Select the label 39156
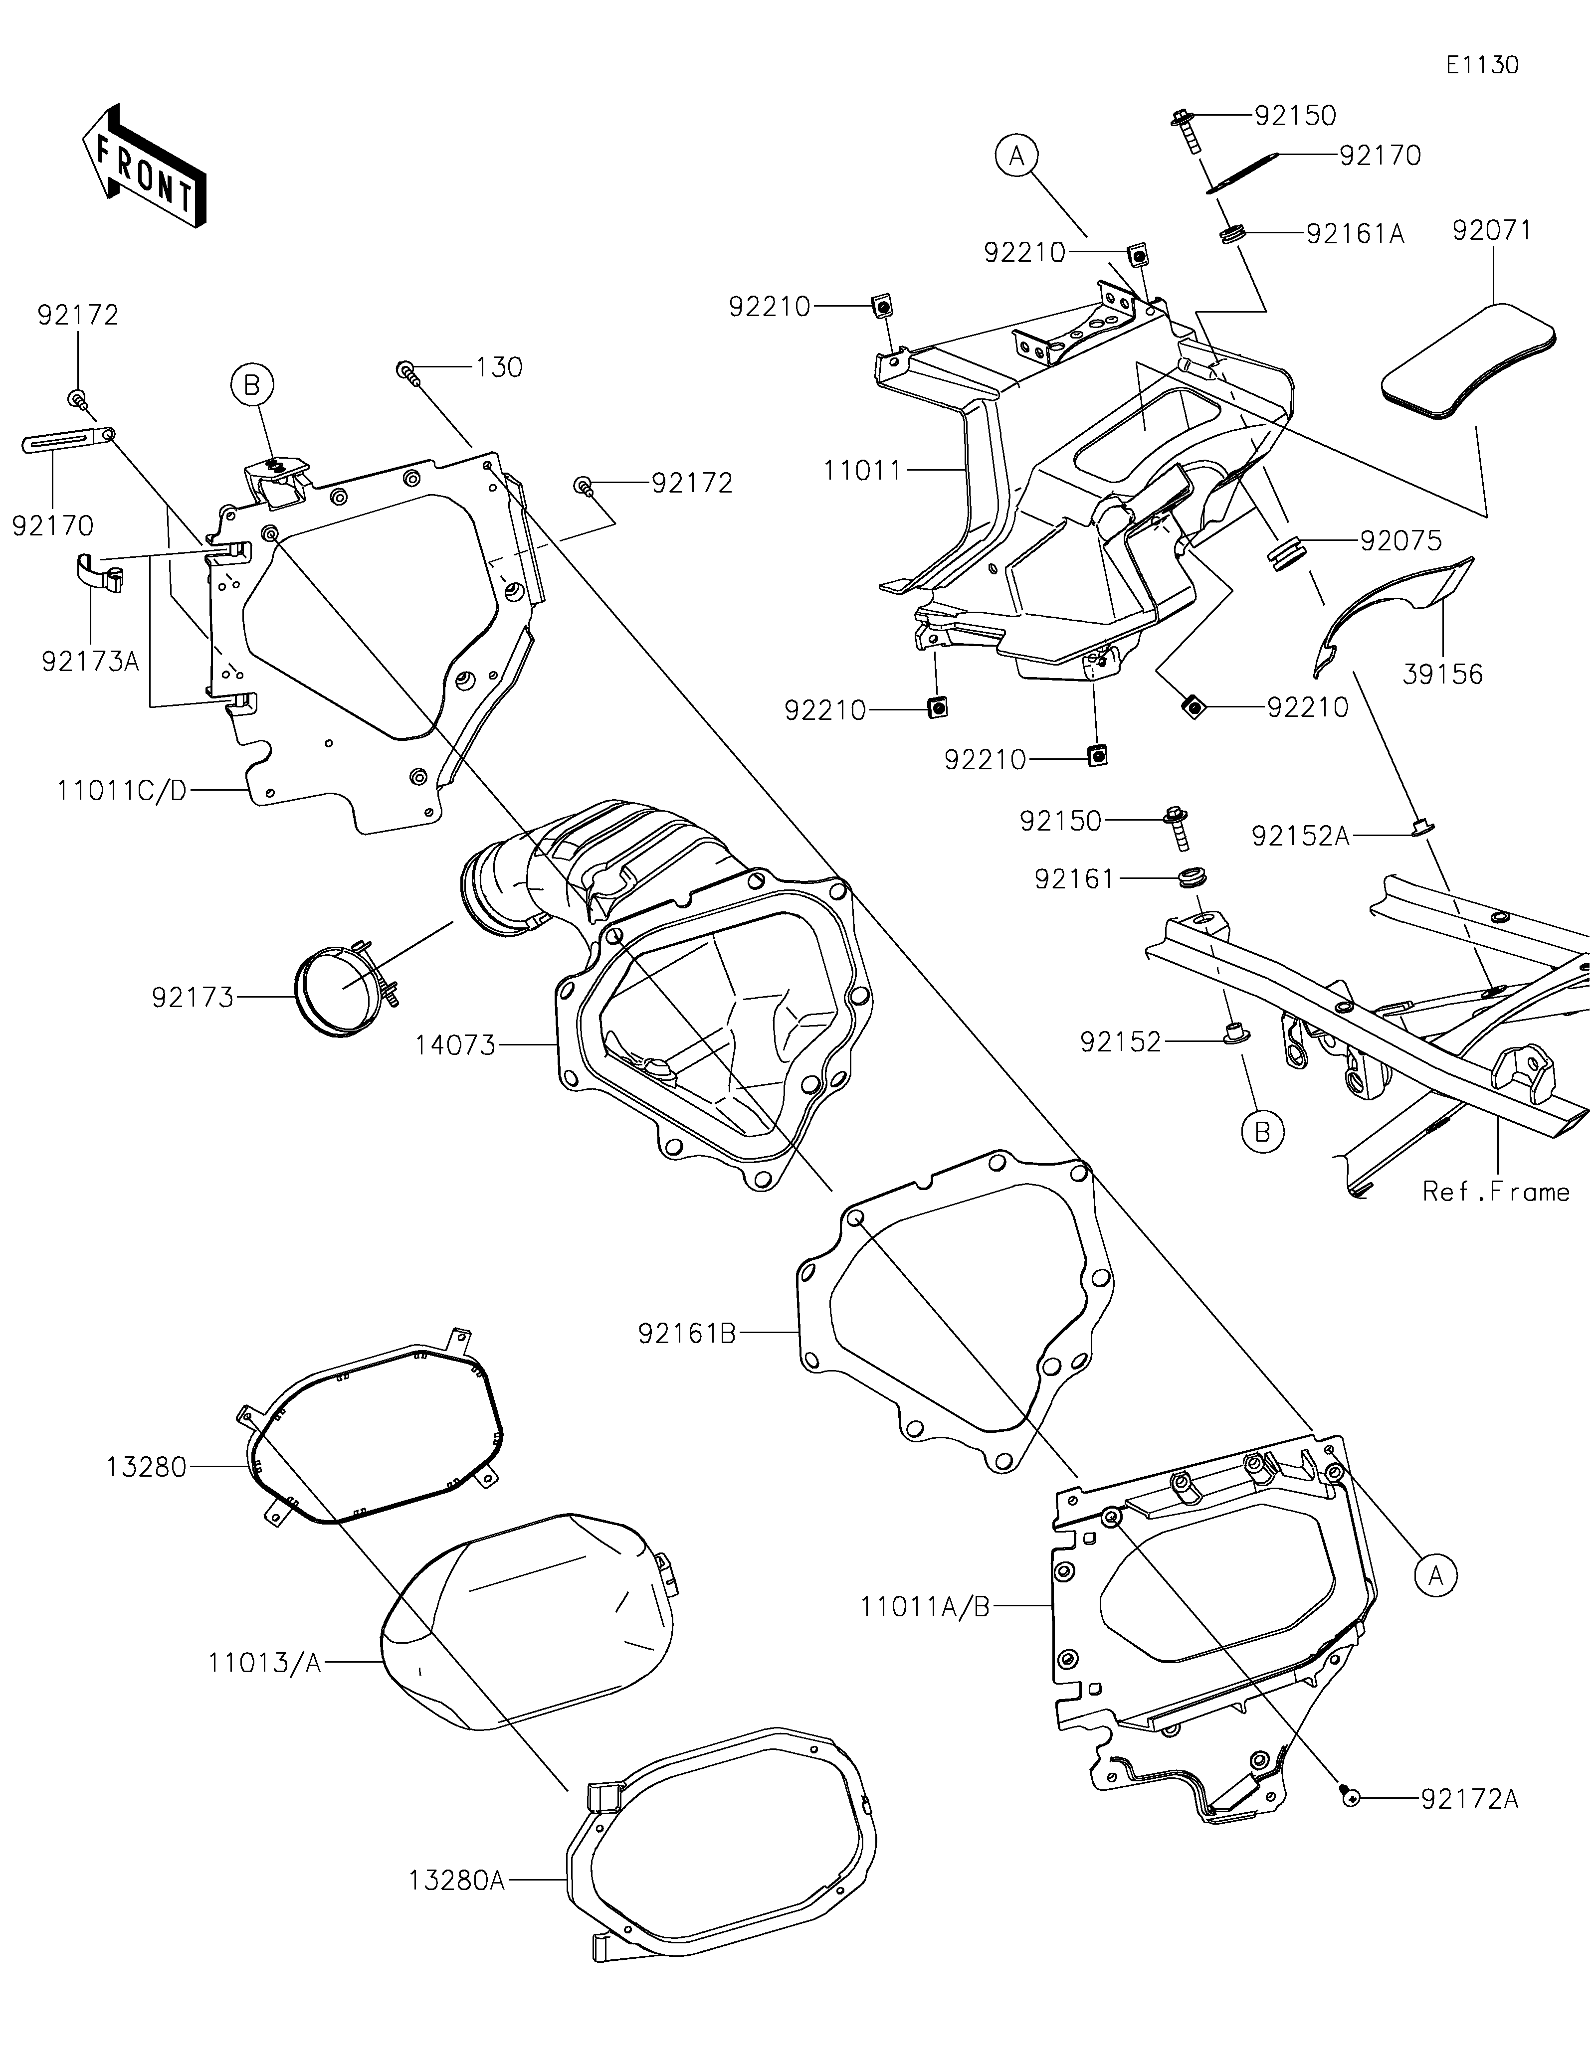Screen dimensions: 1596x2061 [1442, 674]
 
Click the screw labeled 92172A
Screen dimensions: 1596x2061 [1350, 1800]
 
